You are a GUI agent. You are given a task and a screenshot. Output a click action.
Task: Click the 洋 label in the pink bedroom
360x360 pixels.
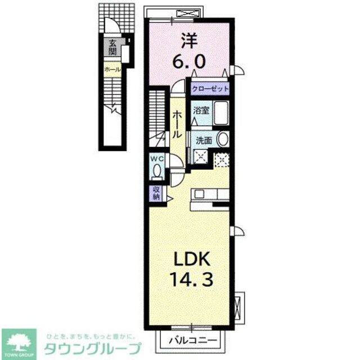click(189, 40)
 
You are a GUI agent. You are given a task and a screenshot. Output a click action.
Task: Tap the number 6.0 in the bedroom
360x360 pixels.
click(189, 60)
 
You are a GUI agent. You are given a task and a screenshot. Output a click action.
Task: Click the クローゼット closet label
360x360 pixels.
click(210, 89)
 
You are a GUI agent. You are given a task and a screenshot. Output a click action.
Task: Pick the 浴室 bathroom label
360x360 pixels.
click(202, 110)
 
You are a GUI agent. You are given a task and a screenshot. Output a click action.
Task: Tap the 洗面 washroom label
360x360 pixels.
click(203, 140)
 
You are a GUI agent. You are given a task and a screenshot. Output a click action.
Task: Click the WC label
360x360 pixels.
click(156, 159)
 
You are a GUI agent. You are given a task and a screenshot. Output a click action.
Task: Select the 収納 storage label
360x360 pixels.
click(156, 193)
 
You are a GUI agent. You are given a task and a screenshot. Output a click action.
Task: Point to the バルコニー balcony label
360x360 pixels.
click(193, 340)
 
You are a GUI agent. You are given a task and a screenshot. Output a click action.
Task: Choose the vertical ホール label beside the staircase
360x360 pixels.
click(177, 124)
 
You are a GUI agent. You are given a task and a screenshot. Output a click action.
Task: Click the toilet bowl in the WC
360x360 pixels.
click(157, 170)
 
